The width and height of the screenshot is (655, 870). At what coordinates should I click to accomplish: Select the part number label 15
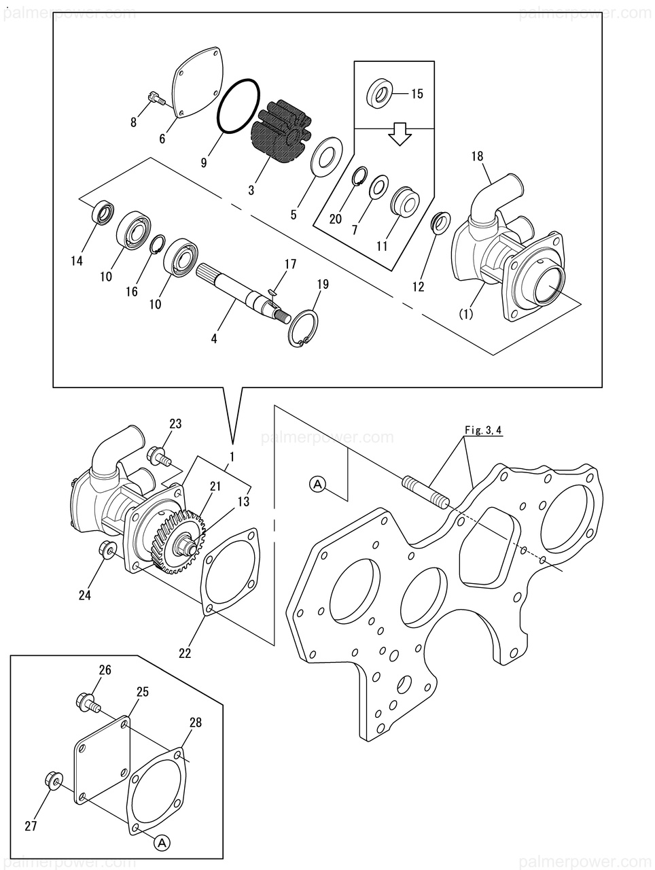417,94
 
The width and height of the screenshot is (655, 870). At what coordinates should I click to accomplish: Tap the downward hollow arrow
400,134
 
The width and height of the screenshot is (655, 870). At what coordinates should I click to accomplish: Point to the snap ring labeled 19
303,330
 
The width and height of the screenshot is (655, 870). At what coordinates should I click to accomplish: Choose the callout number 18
477,156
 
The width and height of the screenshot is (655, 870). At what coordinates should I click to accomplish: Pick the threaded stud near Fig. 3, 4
425,493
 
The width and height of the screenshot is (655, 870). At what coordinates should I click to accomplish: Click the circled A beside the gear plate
318,484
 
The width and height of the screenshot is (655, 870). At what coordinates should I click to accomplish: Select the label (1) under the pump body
466,314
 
